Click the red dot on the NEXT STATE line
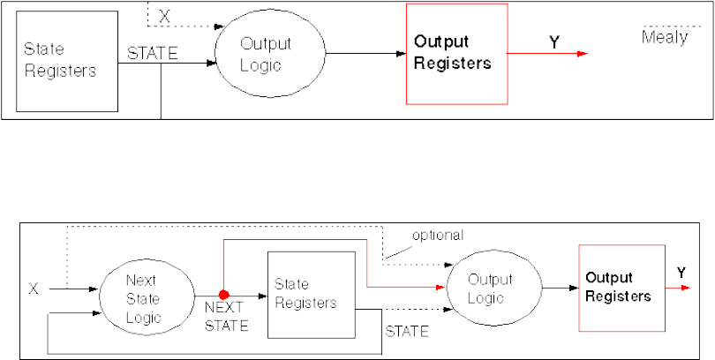coord(224,294)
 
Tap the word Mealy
coord(665,38)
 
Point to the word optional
coord(439,236)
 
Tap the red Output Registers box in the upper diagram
coord(456,53)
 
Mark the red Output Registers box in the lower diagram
coord(620,287)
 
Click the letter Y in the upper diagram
coord(554,40)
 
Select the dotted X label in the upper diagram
coord(164,16)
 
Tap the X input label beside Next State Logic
coord(34,288)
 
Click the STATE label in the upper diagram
coord(153,52)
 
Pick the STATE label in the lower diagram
coord(406,332)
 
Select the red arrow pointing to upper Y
coord(547,54)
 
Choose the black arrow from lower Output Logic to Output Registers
coord(553,288)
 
